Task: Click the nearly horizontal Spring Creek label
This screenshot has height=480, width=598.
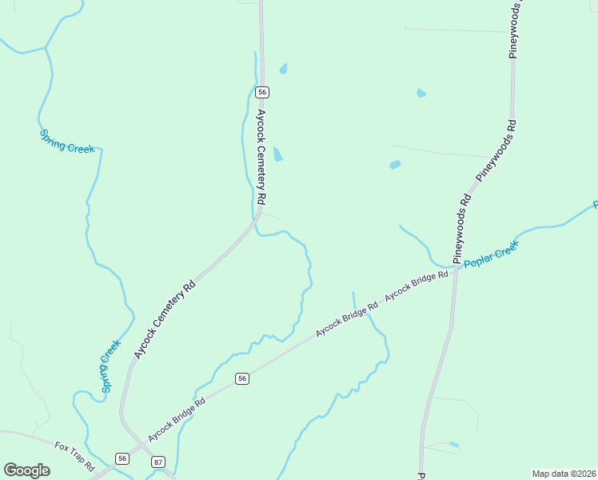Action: tap(67, 142)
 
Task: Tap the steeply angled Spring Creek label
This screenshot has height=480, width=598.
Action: tap(110, 366)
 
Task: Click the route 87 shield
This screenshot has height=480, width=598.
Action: tap(157, 462)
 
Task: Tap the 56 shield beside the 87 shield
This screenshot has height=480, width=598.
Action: tap(122, 458)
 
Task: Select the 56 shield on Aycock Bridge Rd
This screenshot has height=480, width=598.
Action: tap(242, 378)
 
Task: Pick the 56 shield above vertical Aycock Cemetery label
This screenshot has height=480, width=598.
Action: tap(261, 93)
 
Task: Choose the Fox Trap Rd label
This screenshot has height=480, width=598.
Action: tap(75, 455)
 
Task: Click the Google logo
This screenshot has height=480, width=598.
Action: tap(26, 470)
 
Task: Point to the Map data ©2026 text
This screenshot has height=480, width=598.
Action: tap(564, 474)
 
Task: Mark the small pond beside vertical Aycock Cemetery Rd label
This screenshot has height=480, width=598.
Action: tap(277, 154)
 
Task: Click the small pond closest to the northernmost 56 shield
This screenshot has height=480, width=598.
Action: tap(283, 69)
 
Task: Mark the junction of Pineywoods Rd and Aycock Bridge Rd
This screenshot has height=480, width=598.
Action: tap(455, 270)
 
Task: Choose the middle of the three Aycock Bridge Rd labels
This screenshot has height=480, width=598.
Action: tap(346, 319)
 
